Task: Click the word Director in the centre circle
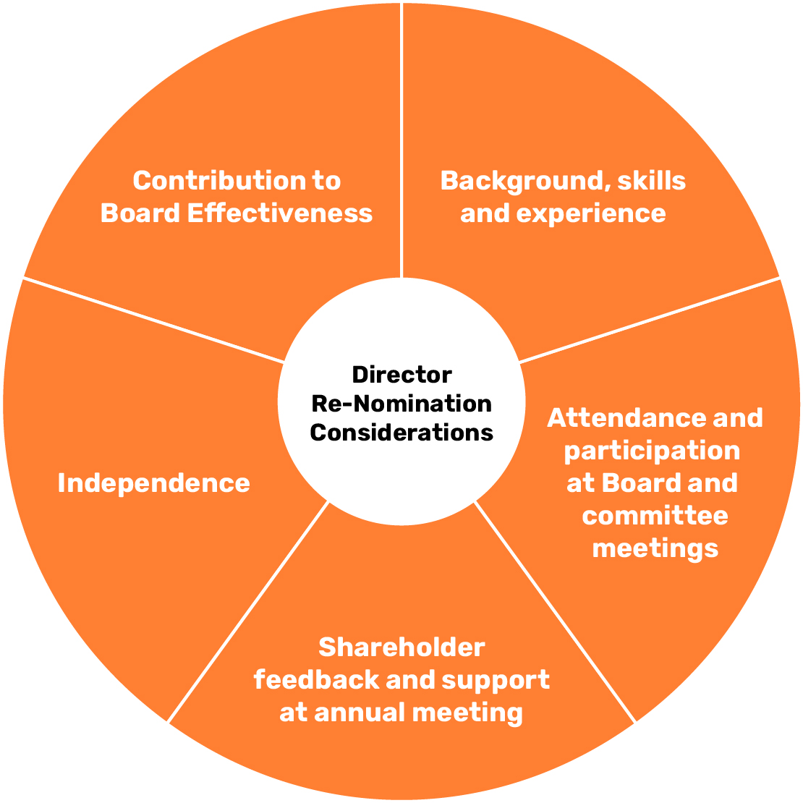click(401, 375)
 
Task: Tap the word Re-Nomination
click(401, 403)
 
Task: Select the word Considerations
click(401, 432)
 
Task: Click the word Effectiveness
click(280, 213)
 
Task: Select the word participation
click(652, 450)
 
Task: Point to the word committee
click(655, 515)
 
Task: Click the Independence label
click(154, 483)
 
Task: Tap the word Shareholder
click(401, 647)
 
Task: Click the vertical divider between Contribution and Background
click(401, 137)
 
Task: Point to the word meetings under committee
click(655, 548)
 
